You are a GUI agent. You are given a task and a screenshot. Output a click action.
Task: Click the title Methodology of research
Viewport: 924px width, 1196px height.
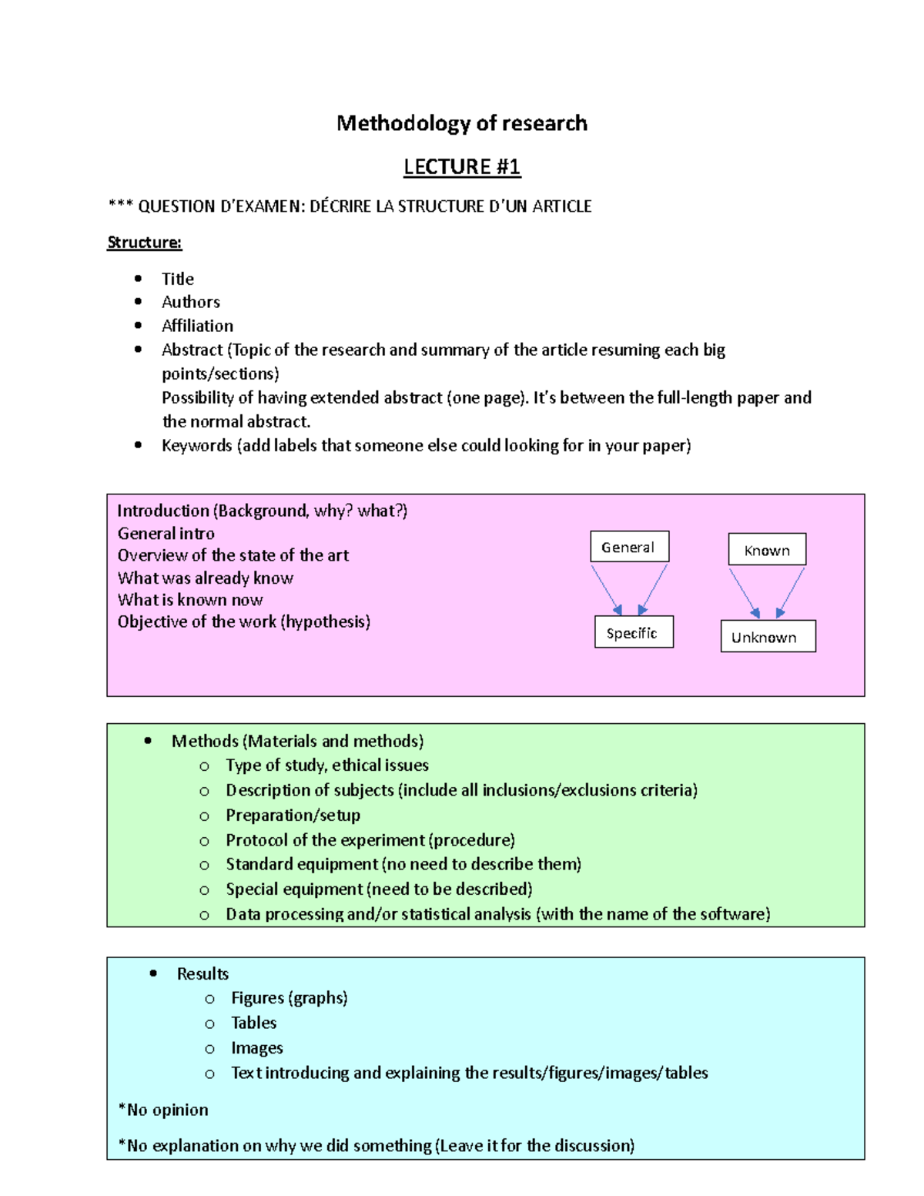click(x=461, y=123)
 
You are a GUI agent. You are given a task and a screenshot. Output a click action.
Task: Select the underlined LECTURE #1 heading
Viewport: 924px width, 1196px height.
click(x=462, y=166)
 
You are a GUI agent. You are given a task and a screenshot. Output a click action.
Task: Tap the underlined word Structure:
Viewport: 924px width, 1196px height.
click(x=144, y=243)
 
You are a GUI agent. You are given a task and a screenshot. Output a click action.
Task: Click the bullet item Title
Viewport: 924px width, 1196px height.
click(x=178, y=279)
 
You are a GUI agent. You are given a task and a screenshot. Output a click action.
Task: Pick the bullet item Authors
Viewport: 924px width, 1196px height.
click(x=191, y=302)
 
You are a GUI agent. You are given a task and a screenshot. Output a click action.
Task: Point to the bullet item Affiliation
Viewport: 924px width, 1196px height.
click(x=197, y=326)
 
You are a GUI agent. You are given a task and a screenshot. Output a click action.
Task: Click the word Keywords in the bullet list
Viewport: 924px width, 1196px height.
click(x=196, y=446)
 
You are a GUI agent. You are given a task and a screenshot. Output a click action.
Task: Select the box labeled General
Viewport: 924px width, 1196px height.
click(x=629, y=547)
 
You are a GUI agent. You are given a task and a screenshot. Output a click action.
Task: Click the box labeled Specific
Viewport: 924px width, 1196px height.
click(x=633, y=632)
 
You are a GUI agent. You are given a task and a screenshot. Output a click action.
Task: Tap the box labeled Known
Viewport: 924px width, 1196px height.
click(x=767, y=550)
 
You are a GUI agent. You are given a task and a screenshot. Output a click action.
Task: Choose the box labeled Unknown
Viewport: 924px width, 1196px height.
click(x=767, y=637)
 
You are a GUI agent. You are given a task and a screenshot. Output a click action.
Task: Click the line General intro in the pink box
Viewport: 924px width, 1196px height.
click(x=166, y=533)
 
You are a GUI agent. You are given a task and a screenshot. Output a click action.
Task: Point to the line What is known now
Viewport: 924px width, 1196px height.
click(x=190, y=600)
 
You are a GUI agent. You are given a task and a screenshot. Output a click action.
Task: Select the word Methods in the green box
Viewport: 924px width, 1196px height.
click(x=205, y=741)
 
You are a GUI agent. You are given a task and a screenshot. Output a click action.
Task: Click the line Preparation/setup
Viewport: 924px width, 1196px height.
click(x=293, y=815)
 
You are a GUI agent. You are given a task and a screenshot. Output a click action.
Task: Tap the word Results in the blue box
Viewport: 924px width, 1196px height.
click(x=203, y=973)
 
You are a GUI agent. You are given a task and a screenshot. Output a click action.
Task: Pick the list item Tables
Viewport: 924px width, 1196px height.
click(x=253, y=1023)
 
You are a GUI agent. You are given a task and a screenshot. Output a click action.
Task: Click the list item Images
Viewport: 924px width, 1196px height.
click(x=257, y=1048)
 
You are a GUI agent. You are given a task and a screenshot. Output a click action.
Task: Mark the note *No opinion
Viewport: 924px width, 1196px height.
click(x=163, y=1110)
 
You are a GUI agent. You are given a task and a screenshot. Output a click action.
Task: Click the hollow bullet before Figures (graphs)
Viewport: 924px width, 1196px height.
click(x=209, y=999)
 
